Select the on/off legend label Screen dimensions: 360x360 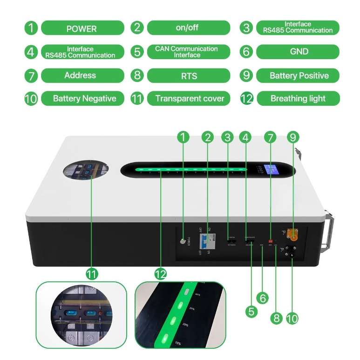click(x=188, y=27)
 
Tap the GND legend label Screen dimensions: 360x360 click(x=299, y=52)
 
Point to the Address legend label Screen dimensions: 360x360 click(x=81, y=75)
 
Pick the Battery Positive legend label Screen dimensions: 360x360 click(x=299, y=75)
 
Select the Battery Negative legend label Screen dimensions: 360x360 click(x=84, y=99)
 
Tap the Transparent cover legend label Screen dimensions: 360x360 click(x=189, y=99)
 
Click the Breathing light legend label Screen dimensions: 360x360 click(x=298, y=99)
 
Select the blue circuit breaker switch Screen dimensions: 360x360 click(x=206, y=241)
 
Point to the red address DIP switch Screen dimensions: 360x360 click(x=271, y=241)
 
